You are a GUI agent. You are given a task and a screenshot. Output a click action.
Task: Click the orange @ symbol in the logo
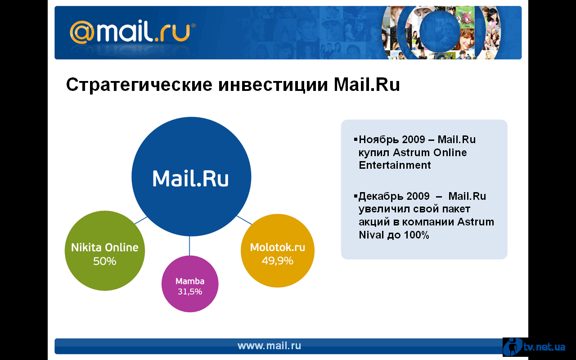(82, 32)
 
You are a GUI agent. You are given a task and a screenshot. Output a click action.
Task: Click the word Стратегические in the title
(139, 85)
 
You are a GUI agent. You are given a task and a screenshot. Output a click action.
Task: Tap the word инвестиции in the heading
(273, 85)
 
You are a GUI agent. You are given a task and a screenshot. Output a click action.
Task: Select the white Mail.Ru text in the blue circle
(190, 178)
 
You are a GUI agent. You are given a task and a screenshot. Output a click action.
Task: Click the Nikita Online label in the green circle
(105, 247)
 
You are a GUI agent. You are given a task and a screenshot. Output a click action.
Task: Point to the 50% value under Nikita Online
(105, 261)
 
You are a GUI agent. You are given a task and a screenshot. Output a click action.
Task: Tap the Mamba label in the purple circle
(190, 281)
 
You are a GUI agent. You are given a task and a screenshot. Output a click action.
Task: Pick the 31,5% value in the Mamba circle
(190, 292)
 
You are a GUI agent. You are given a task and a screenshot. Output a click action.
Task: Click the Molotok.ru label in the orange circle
(278, 247)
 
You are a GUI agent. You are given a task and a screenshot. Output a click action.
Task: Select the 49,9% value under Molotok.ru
(278, 261)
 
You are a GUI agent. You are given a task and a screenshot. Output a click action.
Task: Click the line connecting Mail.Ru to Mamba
(189, 246)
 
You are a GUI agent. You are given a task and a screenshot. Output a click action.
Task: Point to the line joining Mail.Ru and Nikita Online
(141, 220)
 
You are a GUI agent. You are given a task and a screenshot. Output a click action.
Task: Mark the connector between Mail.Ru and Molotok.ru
(244, 220)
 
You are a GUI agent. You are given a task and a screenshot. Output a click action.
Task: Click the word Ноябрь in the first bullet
(378, 139)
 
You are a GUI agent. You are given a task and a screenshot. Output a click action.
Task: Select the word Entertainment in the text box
(395, 165)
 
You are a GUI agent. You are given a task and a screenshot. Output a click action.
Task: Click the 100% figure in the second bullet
(417, 235)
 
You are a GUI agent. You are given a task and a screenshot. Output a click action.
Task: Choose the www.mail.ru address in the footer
(269, 346)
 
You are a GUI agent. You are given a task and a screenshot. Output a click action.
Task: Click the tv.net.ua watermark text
(544, 347)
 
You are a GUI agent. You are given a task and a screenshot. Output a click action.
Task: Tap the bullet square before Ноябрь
(355, 139)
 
